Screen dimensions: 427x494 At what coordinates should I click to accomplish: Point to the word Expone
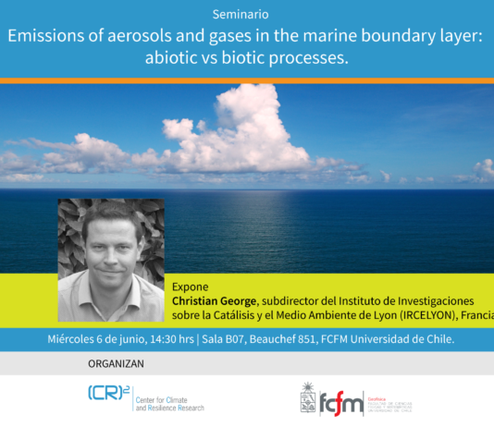point(190,287)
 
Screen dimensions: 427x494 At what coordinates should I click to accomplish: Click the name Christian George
point(216,301)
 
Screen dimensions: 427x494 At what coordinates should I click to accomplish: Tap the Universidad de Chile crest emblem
point(308,398)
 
